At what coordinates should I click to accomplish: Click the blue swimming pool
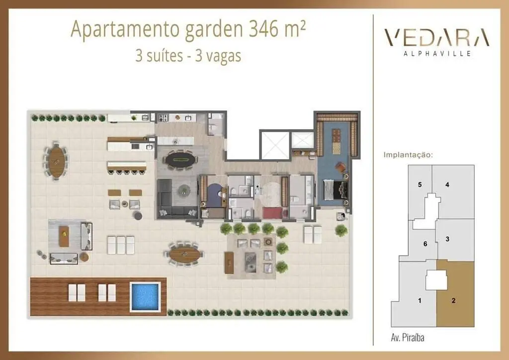point(145,297)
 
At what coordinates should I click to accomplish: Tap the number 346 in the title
point(264,28)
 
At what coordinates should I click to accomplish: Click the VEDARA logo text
point(436,37)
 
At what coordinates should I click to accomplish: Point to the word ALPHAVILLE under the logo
point(437,54)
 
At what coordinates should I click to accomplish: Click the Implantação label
point(408,155)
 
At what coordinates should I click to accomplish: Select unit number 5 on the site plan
point(420,184)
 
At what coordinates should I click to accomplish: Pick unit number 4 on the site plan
point(447,184)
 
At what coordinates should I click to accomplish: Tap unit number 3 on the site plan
point(447,239)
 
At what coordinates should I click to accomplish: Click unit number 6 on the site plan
point(425,244)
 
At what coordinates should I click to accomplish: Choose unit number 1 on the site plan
point(420,301)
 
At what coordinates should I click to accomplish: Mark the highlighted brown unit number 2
point(453,301)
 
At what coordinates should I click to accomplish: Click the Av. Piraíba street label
point(408,338)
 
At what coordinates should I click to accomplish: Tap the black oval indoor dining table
point(181,160)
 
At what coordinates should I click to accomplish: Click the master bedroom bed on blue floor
point(336,190)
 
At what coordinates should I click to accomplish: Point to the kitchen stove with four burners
point(163,118)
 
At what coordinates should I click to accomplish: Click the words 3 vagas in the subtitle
point(218,56)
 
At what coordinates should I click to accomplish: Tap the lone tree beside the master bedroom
point(341,231)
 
